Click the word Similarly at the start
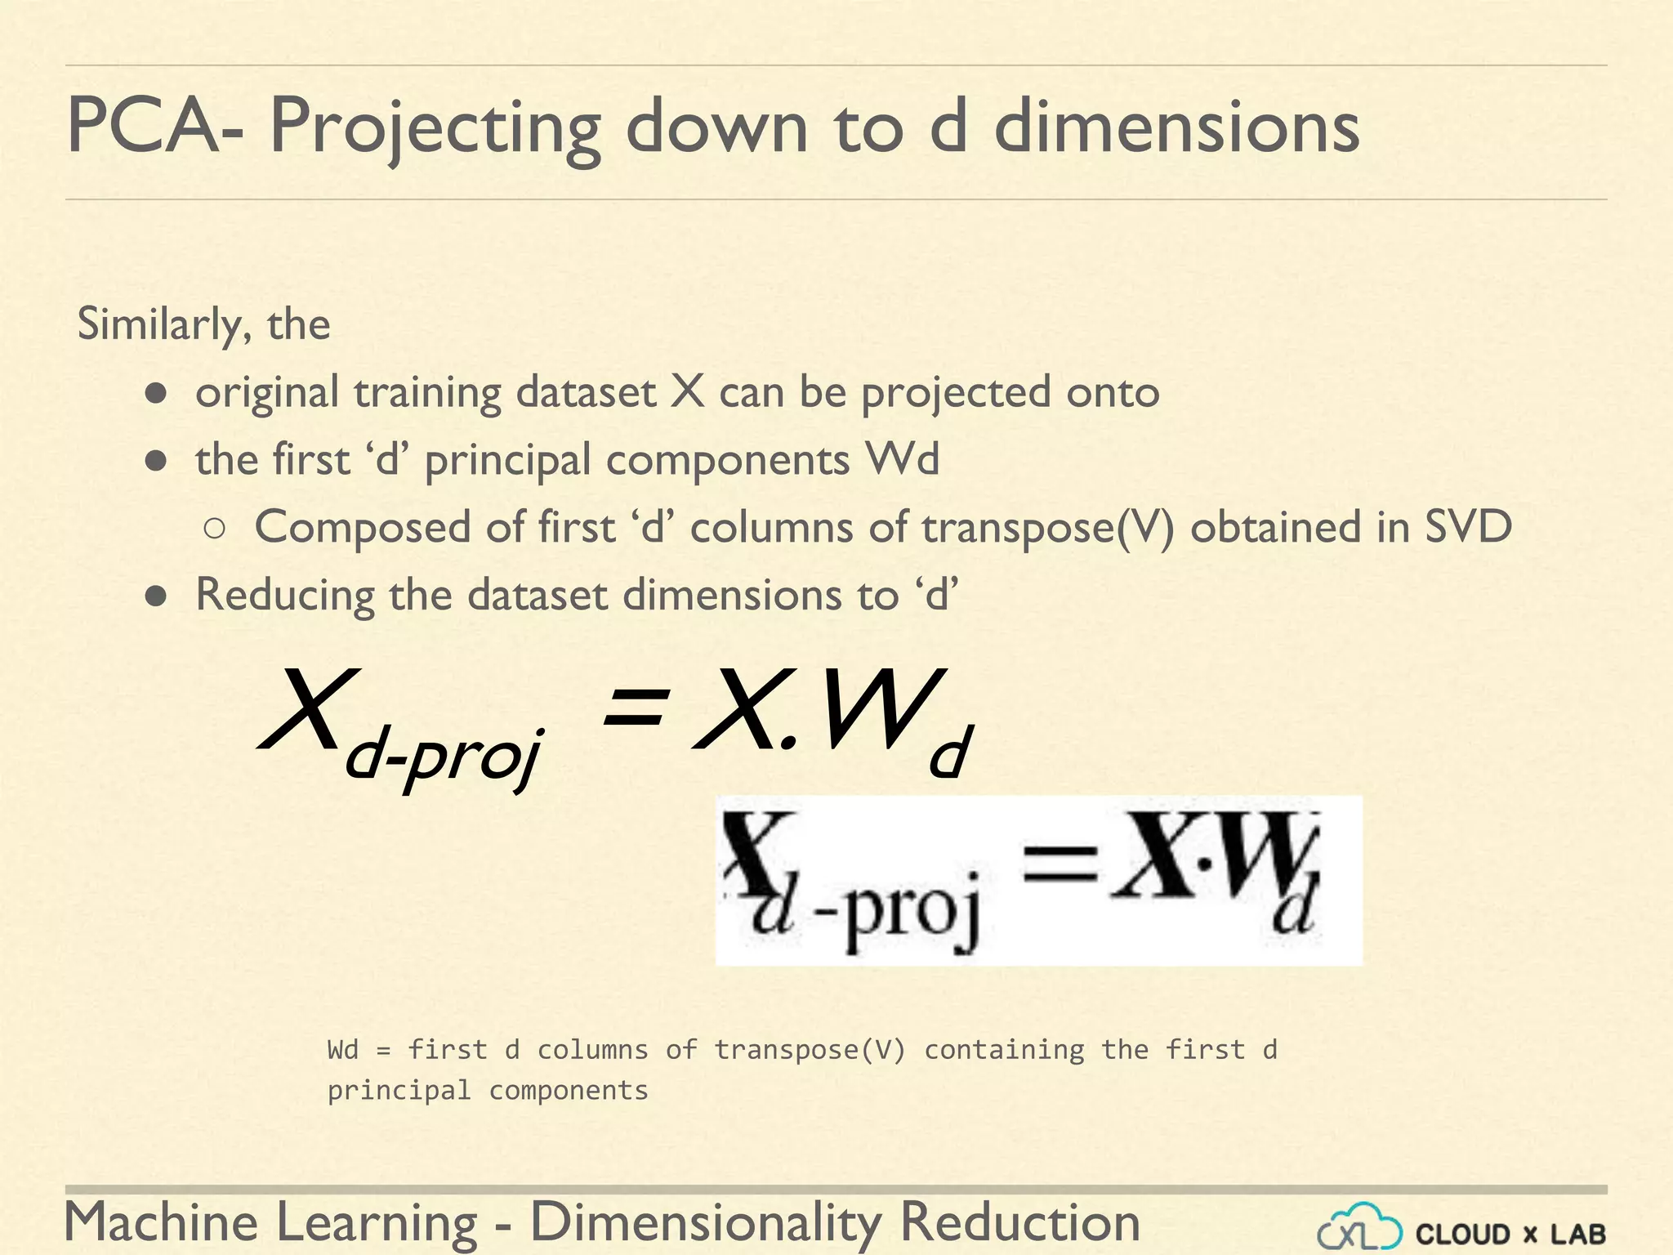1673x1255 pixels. coord(160,325)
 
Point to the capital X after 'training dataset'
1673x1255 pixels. coord(687,391)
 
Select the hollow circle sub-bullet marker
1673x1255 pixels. coord(215,529)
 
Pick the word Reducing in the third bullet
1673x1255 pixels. coord(283,595)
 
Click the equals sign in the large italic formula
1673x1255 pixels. coord(635,708)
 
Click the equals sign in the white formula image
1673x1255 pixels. coord(1060,864)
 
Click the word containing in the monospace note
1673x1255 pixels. coord(1004,1049)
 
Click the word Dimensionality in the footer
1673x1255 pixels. coord(706,1222)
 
